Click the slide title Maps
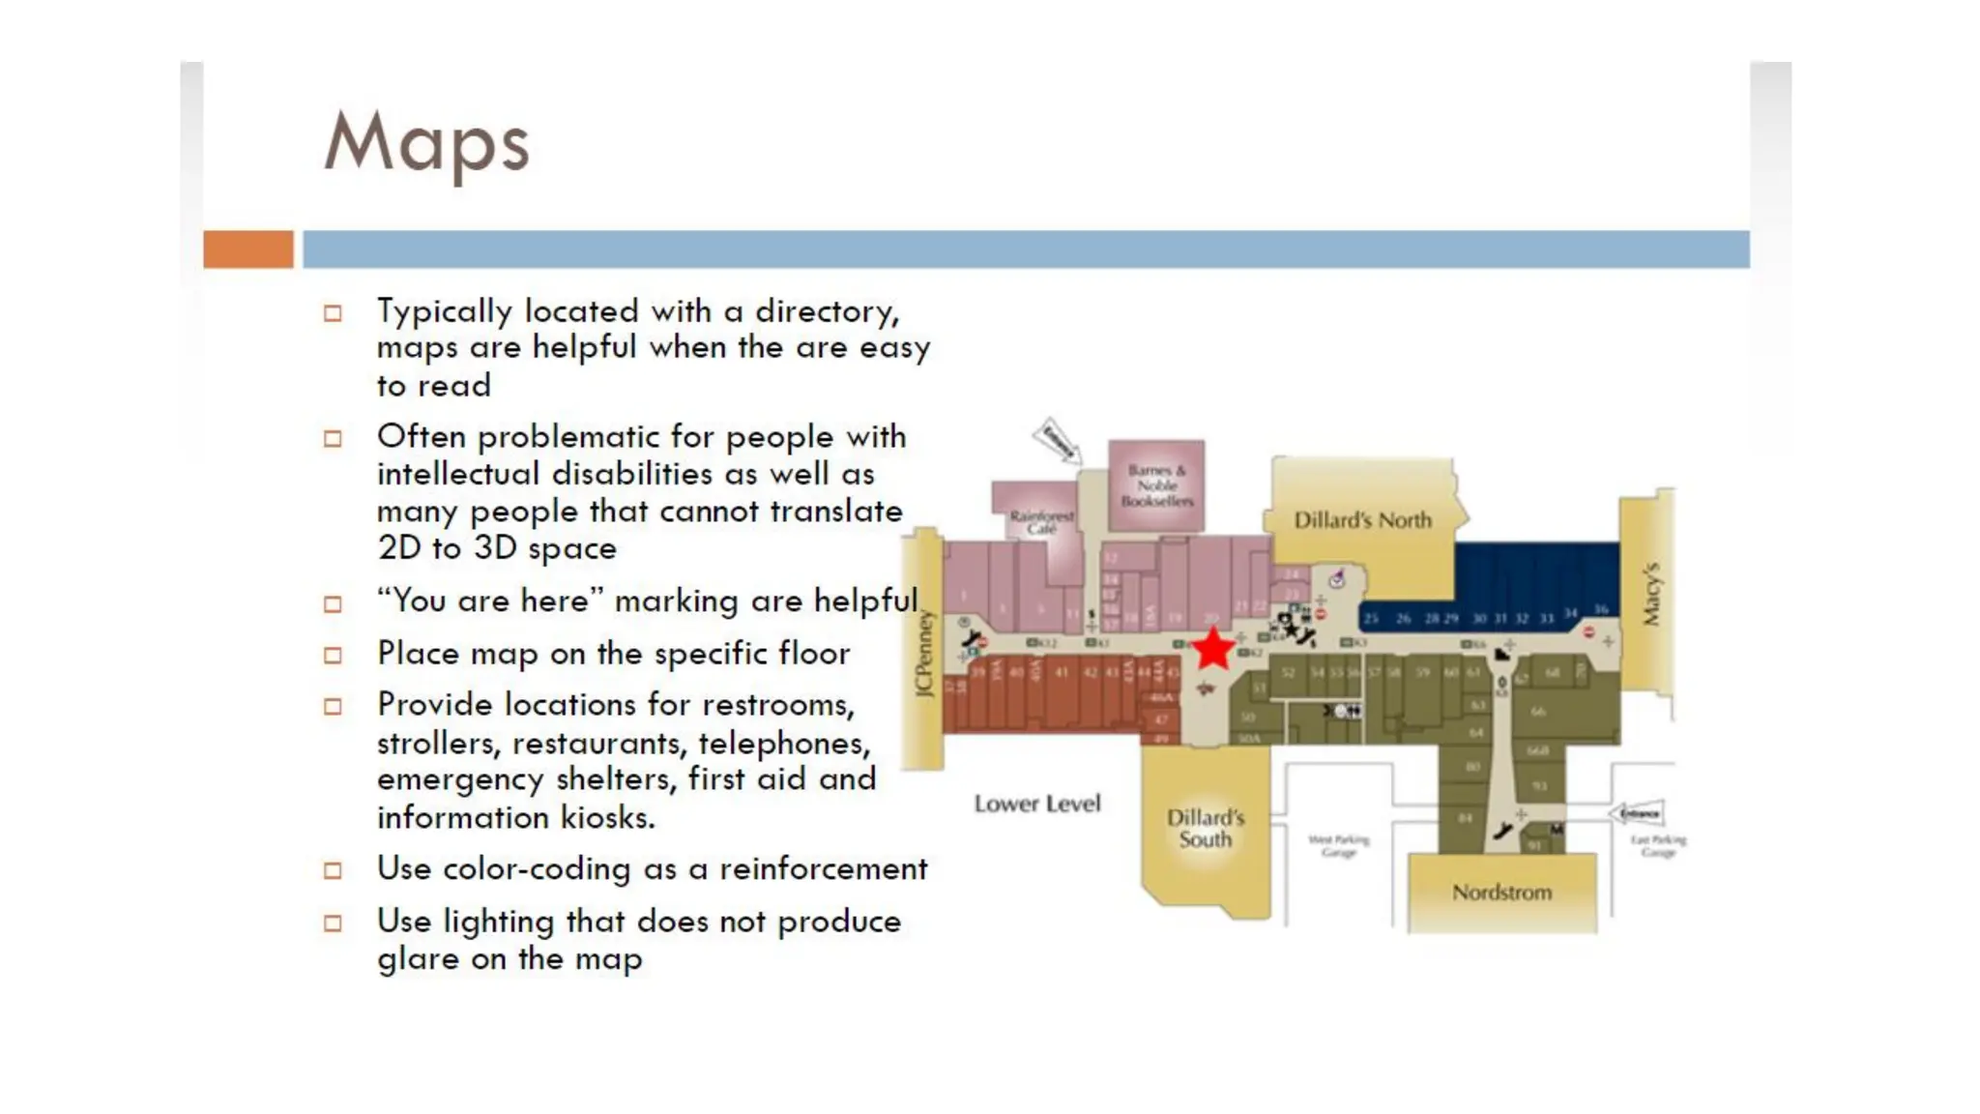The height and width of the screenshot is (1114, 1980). pos(426,143)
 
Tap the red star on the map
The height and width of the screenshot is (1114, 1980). pos(1212,649)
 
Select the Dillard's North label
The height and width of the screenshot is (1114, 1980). pos(1362,520)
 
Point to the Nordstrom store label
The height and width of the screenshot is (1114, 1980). pos(1501,892)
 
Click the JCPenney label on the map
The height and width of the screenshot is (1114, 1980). pos(923,653)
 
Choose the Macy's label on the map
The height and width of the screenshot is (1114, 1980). pos(1651,593)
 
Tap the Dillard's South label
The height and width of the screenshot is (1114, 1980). pos(1205,829)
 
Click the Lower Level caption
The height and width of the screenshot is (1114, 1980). pos(1037,804)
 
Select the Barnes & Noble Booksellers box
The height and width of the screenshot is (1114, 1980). pos(1156,484)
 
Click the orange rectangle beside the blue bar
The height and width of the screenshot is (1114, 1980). pos(248,249)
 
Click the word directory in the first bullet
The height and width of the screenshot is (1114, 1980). pos(827,311)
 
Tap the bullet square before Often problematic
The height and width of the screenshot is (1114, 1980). pos(333,439)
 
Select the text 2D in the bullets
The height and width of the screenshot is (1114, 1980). pos(399,548)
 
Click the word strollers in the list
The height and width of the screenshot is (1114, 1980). pos(439,743)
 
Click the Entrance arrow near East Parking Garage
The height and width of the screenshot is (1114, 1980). pos(1637,813)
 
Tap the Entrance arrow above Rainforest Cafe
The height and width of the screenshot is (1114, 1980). pos(1056,441)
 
